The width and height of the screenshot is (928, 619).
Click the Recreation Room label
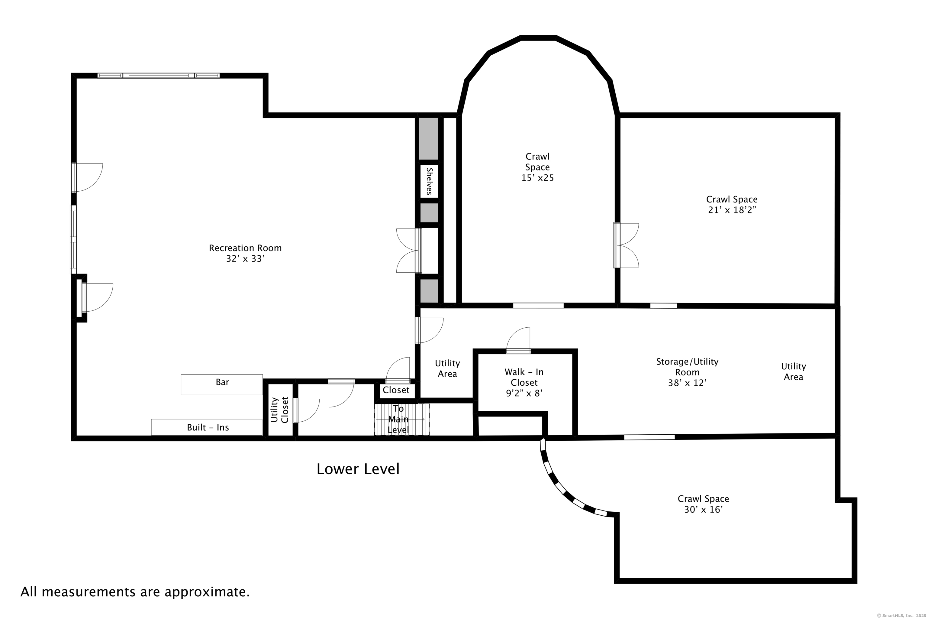click(245, 248)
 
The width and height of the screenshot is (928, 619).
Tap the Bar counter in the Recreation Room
click(222, 384)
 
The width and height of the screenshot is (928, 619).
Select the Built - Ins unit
click(207, 427)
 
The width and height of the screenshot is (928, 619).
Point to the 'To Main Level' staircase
click(402, 419)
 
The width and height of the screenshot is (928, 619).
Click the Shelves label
click(429, 181)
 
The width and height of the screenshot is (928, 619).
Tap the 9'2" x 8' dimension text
click(524, 393)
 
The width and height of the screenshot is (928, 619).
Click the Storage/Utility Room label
click(687, 367)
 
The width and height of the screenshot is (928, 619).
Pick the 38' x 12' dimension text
click(687, 383)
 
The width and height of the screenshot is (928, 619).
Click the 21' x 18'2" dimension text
click(732, 210)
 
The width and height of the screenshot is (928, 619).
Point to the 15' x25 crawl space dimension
click(537, 178)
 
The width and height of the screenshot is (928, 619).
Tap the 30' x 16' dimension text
click(703, 510)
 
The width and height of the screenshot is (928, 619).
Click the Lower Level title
click(358, 469)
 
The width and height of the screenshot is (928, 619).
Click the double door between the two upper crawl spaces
click(626, 245)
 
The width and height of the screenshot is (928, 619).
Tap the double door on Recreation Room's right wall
click(409, 250)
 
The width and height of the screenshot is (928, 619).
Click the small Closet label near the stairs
click(396, 390)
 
